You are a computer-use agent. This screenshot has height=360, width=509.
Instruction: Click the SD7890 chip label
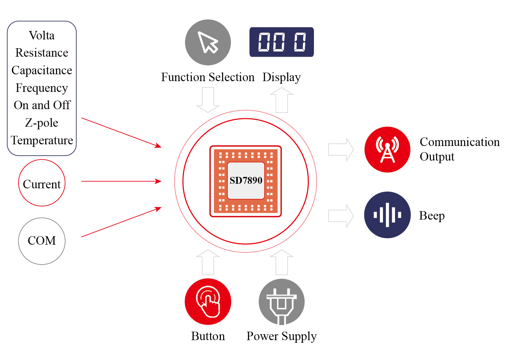coord(246,180)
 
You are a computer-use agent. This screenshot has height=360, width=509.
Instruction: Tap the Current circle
coord(42,183)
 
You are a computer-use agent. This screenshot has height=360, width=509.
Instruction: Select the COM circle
coord(42,241)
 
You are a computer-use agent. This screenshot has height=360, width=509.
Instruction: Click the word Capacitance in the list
coord(42,70)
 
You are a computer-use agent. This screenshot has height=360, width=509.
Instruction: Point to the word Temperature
coord(42,140)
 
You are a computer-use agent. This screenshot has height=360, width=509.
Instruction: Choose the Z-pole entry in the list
coord(42,123)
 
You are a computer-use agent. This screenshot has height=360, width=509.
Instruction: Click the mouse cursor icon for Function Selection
coord(208,42)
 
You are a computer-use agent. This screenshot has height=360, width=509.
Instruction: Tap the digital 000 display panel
coord(282,42)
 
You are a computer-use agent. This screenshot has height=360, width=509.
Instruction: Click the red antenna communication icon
coord(387,150)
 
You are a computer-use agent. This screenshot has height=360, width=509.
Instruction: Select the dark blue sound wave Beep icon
coord(387,215)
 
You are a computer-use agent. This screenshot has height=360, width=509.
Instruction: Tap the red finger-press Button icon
coord(208,302)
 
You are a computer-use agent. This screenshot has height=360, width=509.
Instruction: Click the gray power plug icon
coord(282,302)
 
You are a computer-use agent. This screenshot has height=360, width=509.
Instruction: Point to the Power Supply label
coord(282,336)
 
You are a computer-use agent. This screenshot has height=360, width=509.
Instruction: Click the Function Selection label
coord(208,78)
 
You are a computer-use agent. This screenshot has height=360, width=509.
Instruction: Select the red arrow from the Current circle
coord(121,181)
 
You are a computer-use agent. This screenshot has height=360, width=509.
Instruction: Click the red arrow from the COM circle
coord(121,222)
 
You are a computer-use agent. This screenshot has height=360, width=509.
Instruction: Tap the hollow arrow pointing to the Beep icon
coord(341,216)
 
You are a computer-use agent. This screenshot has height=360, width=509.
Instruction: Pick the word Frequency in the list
coord(42,88)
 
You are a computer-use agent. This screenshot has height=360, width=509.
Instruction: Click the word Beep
coord(432,216)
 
